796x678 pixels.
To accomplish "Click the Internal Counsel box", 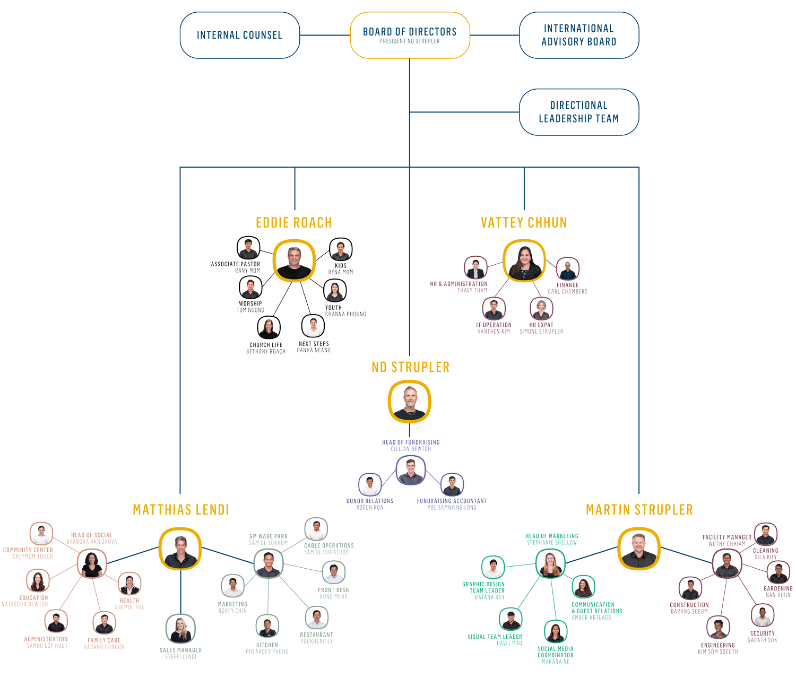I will click(239, 36).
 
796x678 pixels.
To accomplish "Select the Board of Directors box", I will click(410, 35).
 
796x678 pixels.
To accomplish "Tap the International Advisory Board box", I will click(579, 35).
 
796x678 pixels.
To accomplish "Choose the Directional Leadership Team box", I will click(579, 112).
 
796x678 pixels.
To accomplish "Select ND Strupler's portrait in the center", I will click(409, 401).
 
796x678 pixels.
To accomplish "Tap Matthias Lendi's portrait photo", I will click(180, 549).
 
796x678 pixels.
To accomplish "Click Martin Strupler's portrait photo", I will click(639, 549).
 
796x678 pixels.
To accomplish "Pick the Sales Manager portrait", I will click(180, 628).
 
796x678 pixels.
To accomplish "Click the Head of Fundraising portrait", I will click(411, 471).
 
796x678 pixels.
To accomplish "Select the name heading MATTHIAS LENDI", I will click(180, 510).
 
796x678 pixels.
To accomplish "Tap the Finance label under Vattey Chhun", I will click(568, 285).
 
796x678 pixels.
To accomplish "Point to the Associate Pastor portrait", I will click(248, 248).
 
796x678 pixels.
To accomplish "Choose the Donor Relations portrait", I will click(370, 485).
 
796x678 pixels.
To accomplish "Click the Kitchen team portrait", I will click(267, 627).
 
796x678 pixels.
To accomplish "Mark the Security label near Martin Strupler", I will click(762, 633).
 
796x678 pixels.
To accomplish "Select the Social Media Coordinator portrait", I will click(555, 632).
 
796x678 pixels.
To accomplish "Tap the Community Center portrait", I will click(41, 534).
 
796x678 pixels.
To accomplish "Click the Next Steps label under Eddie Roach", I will click(314, 344).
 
